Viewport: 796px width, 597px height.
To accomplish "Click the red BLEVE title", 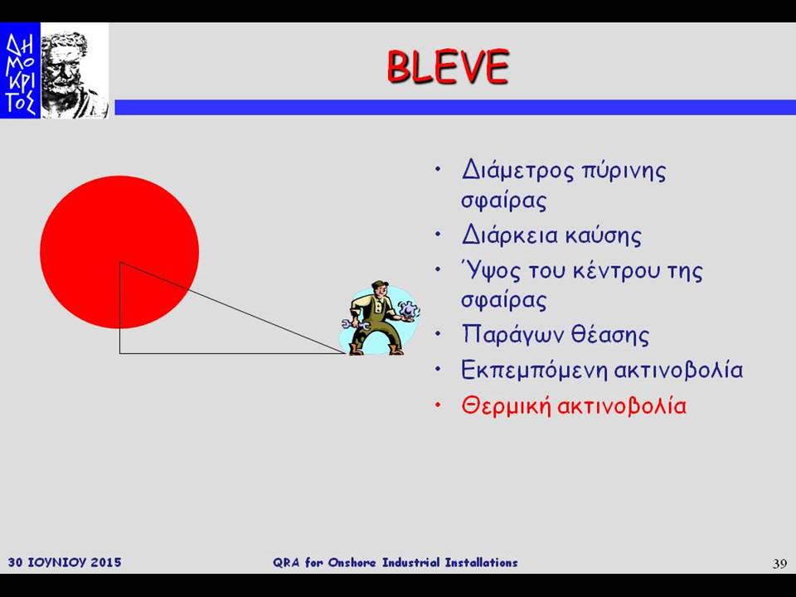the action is click(x=447, y=66).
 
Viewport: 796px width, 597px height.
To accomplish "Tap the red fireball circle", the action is click(x=119, y=252).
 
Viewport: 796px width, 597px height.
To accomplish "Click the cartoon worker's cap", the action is click(x=380, y=284).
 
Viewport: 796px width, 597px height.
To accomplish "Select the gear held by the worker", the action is click(x=408, y=309).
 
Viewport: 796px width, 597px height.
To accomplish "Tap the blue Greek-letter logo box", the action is click(x=20, y=70).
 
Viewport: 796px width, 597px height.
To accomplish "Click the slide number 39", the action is click(x=779, y=564).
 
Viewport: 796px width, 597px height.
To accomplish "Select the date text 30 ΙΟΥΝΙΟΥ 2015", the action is click(x=65, y=562).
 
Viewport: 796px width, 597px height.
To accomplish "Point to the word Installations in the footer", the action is click(x=481, y=562).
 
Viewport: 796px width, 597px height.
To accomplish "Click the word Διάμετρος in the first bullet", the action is click(x=517, y=170).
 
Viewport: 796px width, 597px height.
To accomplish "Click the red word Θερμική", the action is click(x=506, y=406).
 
